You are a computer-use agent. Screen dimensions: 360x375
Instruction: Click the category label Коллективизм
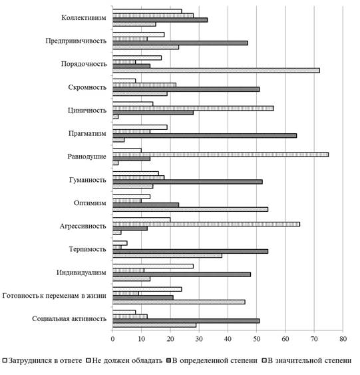pos(84,18)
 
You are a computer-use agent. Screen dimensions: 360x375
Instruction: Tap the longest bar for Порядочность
pos(216,71)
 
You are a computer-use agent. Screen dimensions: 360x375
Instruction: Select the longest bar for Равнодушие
pos(220,155)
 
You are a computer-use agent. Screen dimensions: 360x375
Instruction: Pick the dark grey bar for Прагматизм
pos(205,136)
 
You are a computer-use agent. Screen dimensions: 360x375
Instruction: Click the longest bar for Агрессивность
pos(206,224)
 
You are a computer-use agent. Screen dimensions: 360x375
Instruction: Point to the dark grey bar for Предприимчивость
pos(180,43)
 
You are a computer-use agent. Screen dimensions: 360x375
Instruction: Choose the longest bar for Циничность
pos(193,109)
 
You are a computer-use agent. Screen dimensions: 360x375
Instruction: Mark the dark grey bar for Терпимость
pos(190,251)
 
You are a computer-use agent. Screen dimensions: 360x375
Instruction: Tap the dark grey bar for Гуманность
pos(188,182)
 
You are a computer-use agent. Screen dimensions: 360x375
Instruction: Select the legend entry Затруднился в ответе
pos(43,360)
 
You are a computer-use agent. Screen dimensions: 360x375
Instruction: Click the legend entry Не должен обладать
pos(124,360)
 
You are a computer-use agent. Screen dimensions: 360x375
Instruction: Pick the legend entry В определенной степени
pos(212,360)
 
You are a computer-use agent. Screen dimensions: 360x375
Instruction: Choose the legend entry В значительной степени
pos(307,360)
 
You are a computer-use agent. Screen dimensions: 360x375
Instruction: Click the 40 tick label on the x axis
pos(228,339)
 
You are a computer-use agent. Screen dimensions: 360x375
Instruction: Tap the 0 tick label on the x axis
pos(112,339)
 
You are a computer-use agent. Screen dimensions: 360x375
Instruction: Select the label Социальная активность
pos(69,319)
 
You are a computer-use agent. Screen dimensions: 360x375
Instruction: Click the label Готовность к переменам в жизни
pos(54,296)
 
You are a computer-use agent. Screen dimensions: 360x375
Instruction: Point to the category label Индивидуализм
pos(81,272)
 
